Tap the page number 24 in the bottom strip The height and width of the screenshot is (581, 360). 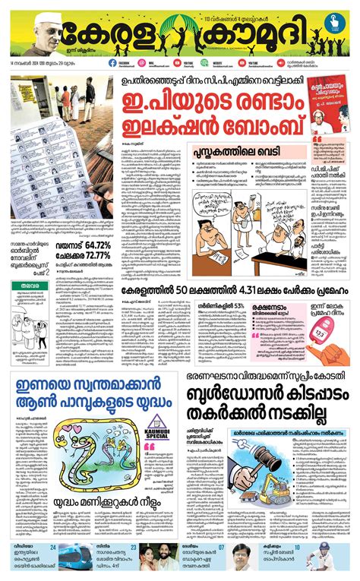pos(52,547)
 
